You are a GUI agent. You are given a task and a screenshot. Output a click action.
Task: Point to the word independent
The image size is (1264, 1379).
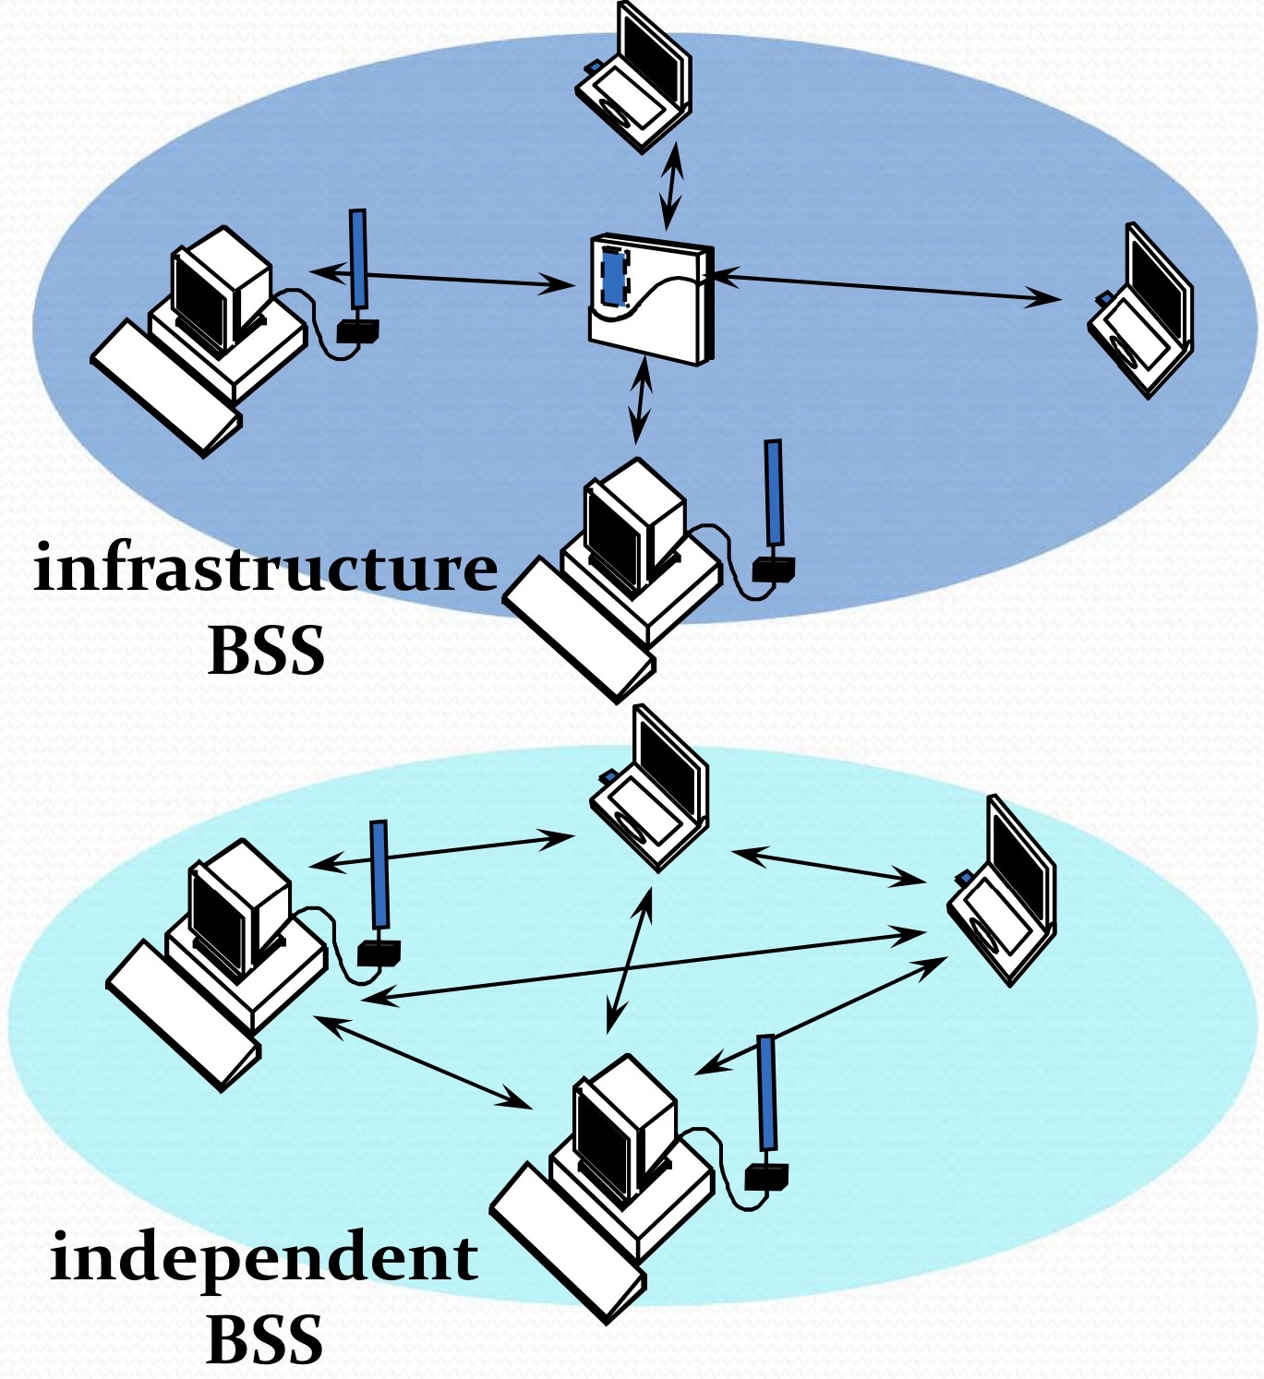264,1257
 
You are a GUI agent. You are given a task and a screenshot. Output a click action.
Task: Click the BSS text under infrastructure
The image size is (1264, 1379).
267,651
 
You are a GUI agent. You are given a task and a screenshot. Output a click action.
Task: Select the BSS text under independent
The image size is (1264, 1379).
265,1338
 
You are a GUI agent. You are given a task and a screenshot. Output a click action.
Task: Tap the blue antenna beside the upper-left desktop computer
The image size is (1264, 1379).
358,258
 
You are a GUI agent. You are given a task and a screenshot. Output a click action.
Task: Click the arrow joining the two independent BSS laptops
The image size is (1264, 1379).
828,866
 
